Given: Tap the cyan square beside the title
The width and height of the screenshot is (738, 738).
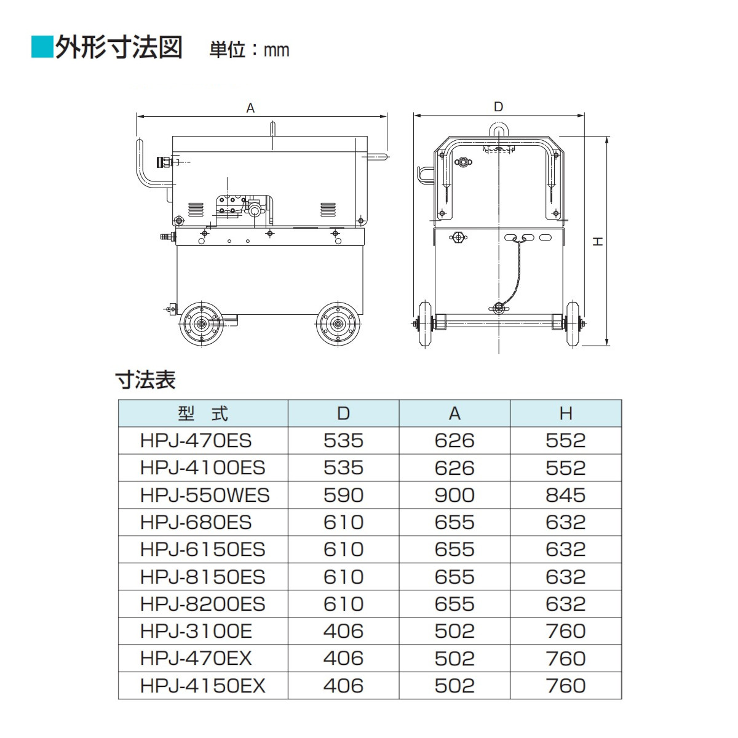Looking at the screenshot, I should pos(42,47).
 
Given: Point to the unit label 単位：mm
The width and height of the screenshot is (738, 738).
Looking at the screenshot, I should pos(249,49).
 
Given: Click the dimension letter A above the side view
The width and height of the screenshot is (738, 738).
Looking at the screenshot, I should pos(250,108).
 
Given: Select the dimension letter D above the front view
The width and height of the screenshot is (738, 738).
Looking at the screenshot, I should pos(498,107).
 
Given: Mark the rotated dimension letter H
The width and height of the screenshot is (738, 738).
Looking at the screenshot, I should pos(597,242).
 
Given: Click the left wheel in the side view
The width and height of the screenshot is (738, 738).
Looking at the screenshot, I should pos(200,323).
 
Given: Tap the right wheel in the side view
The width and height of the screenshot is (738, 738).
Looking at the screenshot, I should pos(338,323).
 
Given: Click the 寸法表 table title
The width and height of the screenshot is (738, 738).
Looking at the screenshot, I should pos(146,379).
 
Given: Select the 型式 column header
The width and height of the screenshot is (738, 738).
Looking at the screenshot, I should pos(203,413).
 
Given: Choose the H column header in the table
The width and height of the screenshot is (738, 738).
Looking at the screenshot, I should pos(566,413).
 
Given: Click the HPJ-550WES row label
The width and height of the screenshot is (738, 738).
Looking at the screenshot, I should pos(205,495).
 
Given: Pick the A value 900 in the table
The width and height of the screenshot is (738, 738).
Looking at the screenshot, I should pos(454,495).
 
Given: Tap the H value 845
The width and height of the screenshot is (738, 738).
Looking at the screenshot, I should pos(566,495).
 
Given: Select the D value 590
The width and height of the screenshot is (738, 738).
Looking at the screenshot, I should pos(343,495).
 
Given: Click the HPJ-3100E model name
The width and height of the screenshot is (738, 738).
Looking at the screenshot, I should pos(196,631).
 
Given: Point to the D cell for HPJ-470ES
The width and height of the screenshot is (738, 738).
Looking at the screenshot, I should pos(343,440).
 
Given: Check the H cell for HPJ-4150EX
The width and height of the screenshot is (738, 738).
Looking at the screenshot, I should pos(566,686).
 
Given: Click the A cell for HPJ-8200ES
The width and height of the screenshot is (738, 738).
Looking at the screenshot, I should pos(454,604).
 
